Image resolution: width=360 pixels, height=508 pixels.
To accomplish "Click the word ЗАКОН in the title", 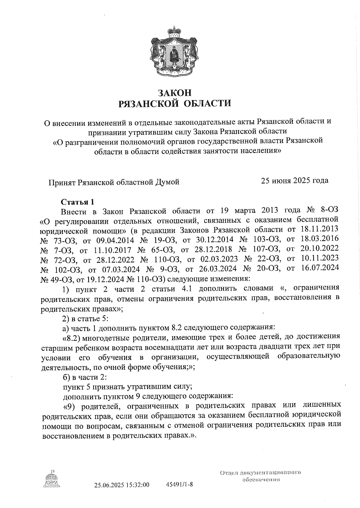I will [175, 92].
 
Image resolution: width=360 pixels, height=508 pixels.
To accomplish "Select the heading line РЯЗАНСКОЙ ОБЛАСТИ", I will [175, 104].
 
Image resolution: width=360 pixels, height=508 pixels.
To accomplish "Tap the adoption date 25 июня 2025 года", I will [294, 180].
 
